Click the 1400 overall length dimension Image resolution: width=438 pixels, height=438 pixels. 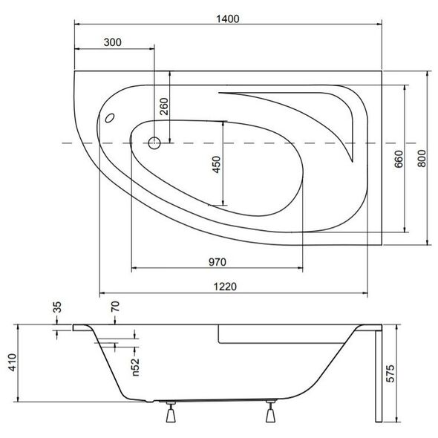coord(228,19)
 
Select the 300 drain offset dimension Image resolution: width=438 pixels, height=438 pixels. coord(113,42)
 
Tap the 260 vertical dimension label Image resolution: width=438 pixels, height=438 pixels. coord(164,106)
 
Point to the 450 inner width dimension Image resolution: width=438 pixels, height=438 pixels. coord(217,165)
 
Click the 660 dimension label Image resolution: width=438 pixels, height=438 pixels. coord(399,159)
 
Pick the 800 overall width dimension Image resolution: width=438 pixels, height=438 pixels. coord(422,158)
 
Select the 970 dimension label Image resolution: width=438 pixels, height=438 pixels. coord(218,262)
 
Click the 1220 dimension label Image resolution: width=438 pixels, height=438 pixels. coord(225,287)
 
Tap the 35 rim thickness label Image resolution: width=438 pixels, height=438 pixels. coord(57,307)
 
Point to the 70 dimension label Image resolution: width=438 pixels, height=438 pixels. coord(115,307)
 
